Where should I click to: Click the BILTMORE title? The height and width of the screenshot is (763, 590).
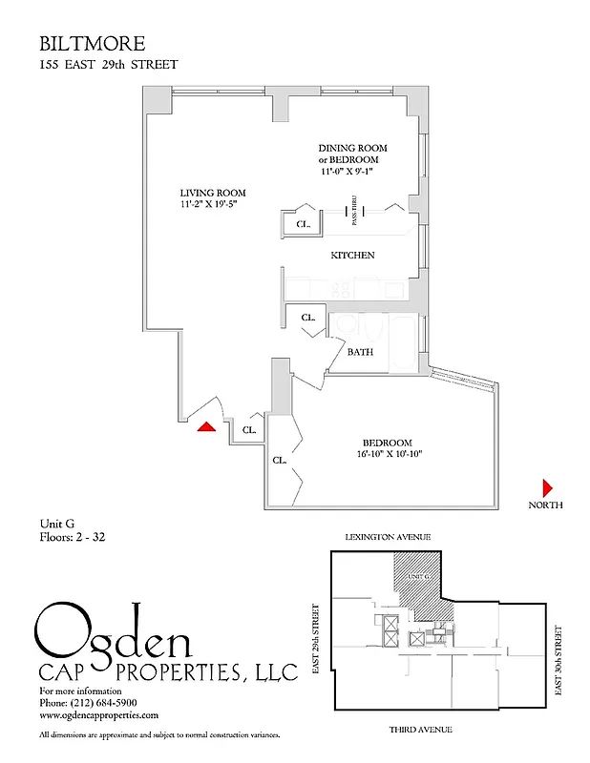pyautogui.click(x=92, y=44)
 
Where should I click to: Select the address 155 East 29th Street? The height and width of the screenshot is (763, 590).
pyautogui.click(x=108, y=64)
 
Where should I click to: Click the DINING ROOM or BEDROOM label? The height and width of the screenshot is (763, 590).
pyautogui.click(x=354, y=154)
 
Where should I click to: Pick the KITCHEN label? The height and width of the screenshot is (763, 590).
pyautogui.click(x=352, y=256)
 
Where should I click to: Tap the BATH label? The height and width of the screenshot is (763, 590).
pyautogui.click(x=360, y=352)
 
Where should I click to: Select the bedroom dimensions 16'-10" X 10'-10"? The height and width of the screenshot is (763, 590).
pyautogui.click(x=387, y=454)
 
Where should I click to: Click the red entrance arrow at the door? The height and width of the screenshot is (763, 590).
pyautogui.click(x=205, y=427)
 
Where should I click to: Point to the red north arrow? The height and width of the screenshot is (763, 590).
pyautogui.click(x=547, y=485)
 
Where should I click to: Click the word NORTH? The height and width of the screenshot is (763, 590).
pyautogui.click(x=546, y=505)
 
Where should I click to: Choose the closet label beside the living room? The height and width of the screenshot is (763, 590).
pyautogui.click(x=303, y=225)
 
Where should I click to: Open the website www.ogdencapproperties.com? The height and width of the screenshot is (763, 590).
pyautogui.click(x=98, y=714)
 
